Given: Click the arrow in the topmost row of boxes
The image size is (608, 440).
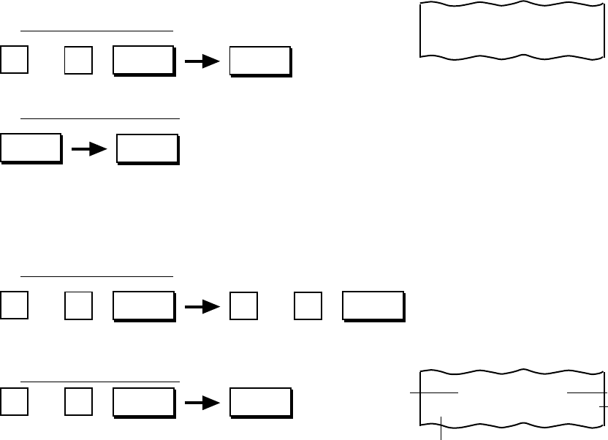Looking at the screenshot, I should (202, 62).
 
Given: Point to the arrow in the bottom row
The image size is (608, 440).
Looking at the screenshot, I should (202, 403).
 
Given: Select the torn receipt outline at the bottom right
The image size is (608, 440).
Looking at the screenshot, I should (512, 398).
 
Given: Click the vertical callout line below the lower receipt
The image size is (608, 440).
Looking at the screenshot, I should (441, 428).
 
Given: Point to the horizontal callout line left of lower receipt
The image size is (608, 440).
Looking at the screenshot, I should (433, 393).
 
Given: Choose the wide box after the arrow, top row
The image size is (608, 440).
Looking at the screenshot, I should (260, 61).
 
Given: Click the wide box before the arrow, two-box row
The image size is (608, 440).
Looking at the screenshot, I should (30, 148).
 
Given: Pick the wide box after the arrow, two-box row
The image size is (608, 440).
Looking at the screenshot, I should (148, 148).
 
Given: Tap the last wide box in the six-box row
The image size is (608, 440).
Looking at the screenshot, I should (373, 306).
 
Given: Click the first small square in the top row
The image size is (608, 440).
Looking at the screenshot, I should (15, 61).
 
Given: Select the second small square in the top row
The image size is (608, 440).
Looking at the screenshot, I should (78, 61).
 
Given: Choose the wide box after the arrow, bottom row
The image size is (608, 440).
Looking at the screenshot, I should (260, 402).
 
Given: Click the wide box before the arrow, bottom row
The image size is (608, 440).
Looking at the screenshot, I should (143, 402).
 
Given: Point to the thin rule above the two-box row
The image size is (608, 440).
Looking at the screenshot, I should (100, 118).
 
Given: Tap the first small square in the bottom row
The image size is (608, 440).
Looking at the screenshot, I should (15, 401).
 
